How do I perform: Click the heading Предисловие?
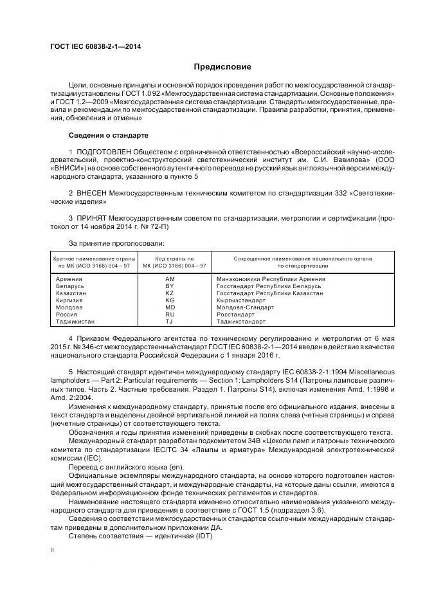[x=223, y=67]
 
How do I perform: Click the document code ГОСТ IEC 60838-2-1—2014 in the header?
[x=96, y=47]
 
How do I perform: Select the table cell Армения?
[x=69, y=279]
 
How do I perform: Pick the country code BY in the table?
[x=170, y=286]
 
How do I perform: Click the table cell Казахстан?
[x=71, y=293]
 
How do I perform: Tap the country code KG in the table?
[x=170, y=300]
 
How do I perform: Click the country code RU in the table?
[x=170, y=315]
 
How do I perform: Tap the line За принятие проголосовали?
[x=116, y=243]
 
